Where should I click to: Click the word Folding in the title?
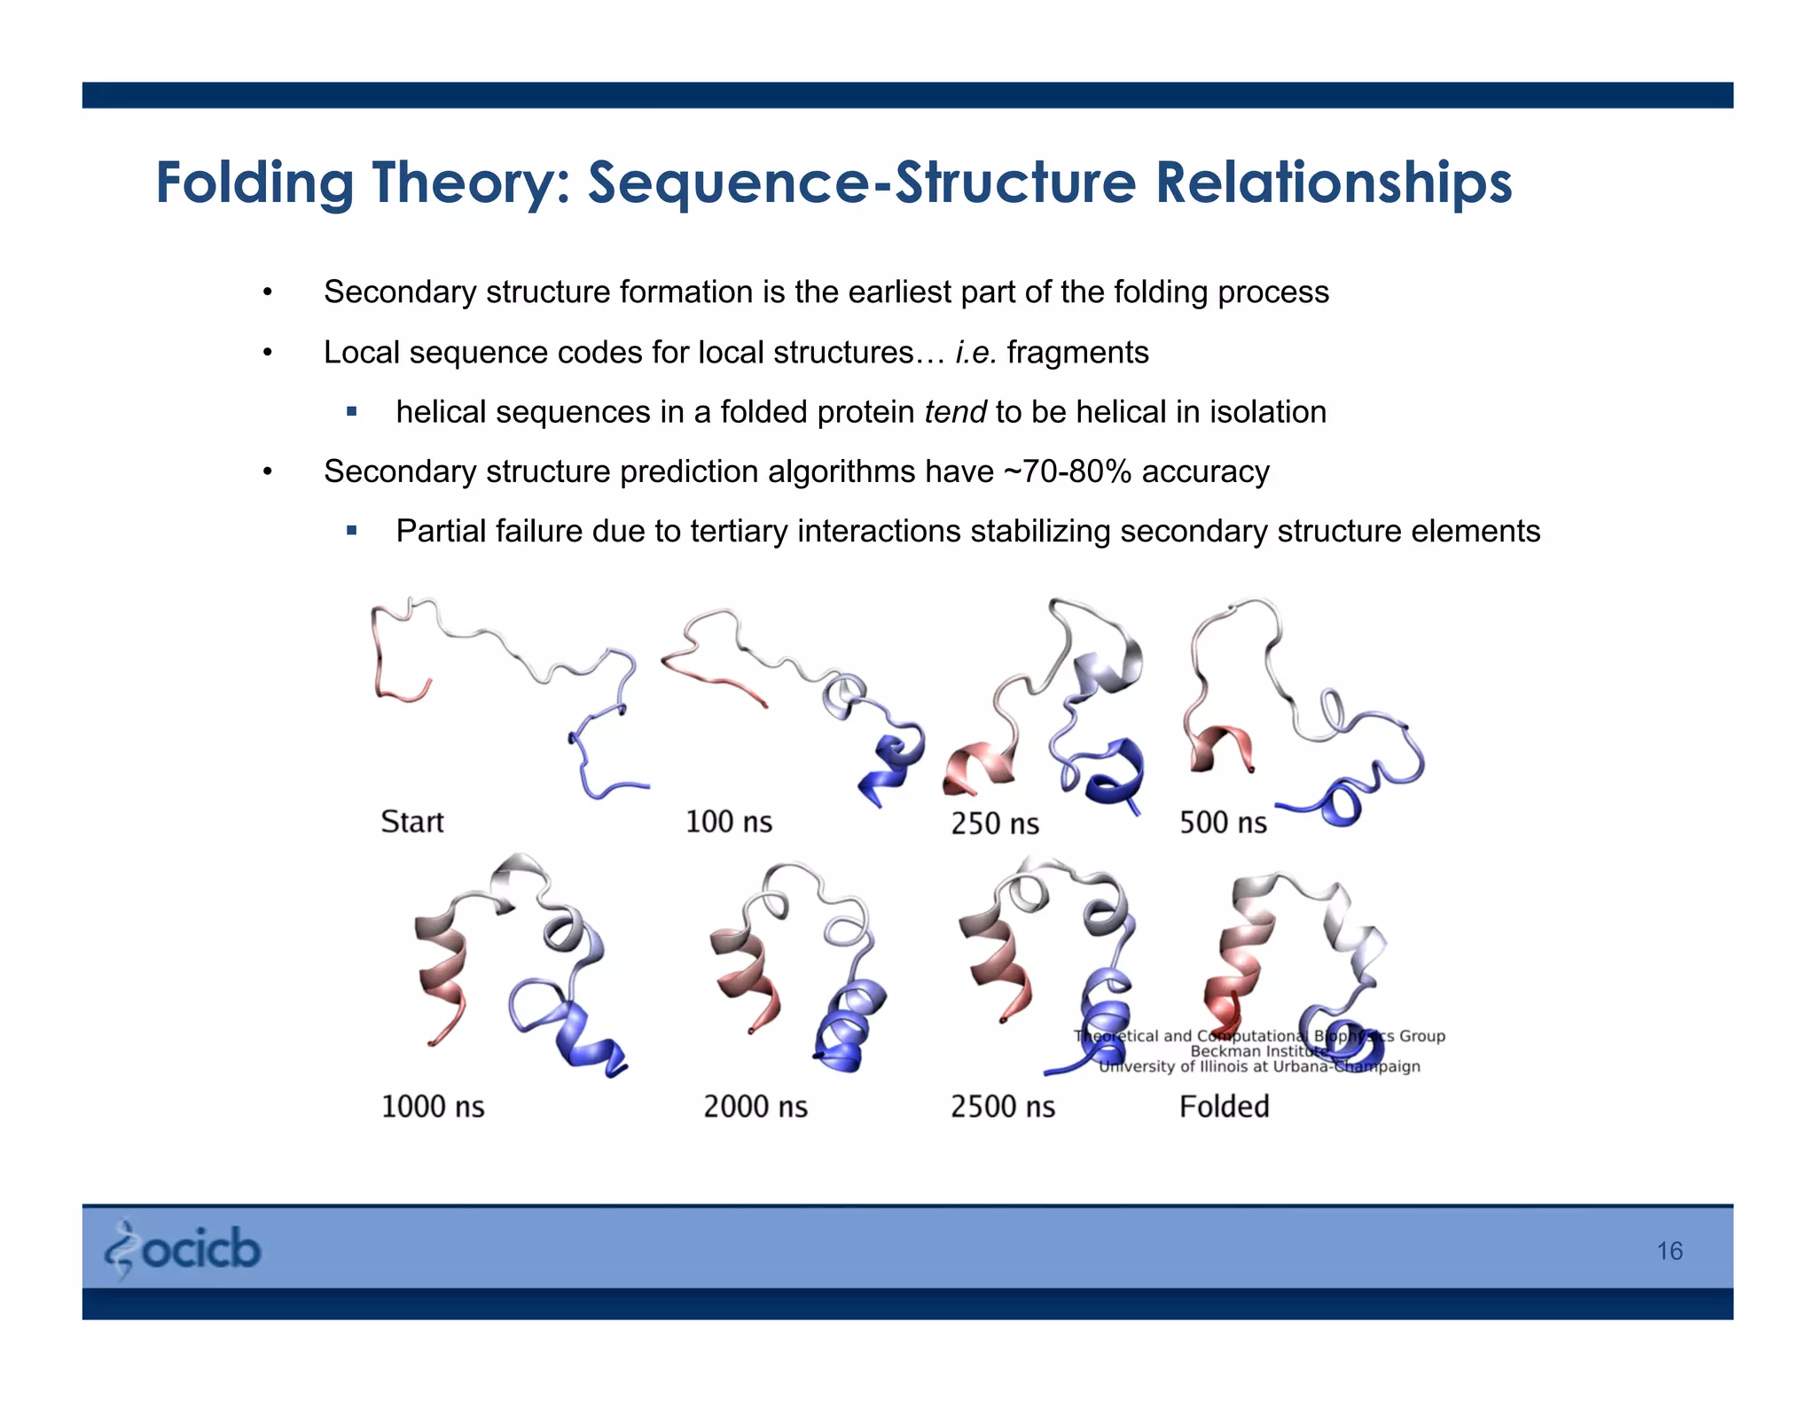pos(254,183)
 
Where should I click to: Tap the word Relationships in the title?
pos(1333,183)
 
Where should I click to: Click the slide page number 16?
pos(1669,1250)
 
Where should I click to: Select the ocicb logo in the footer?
pos(184,1249)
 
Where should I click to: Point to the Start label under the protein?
pos(411,822)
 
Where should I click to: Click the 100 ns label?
pos(728,822)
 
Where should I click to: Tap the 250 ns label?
pos(994,823)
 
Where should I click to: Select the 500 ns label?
pos(1222,822)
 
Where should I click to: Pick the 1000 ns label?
pos(433,1106)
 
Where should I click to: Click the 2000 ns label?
pos(755,1106)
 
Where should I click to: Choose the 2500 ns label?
pos(1003,1106)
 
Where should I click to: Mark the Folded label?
pos(1224,1106)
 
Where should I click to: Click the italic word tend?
pos(954,412)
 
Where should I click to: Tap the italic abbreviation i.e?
pos(975,353)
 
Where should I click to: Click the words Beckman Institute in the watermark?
pos(1258,1051)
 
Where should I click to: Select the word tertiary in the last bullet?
pos(740,531)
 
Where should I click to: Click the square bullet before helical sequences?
pos(352,411)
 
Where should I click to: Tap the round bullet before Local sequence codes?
pos(267,353)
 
